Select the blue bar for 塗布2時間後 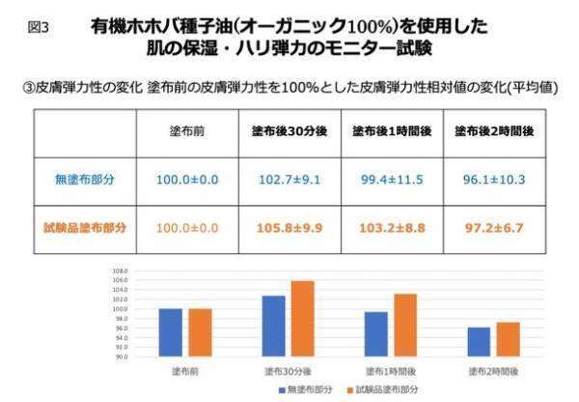coord(480,342)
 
